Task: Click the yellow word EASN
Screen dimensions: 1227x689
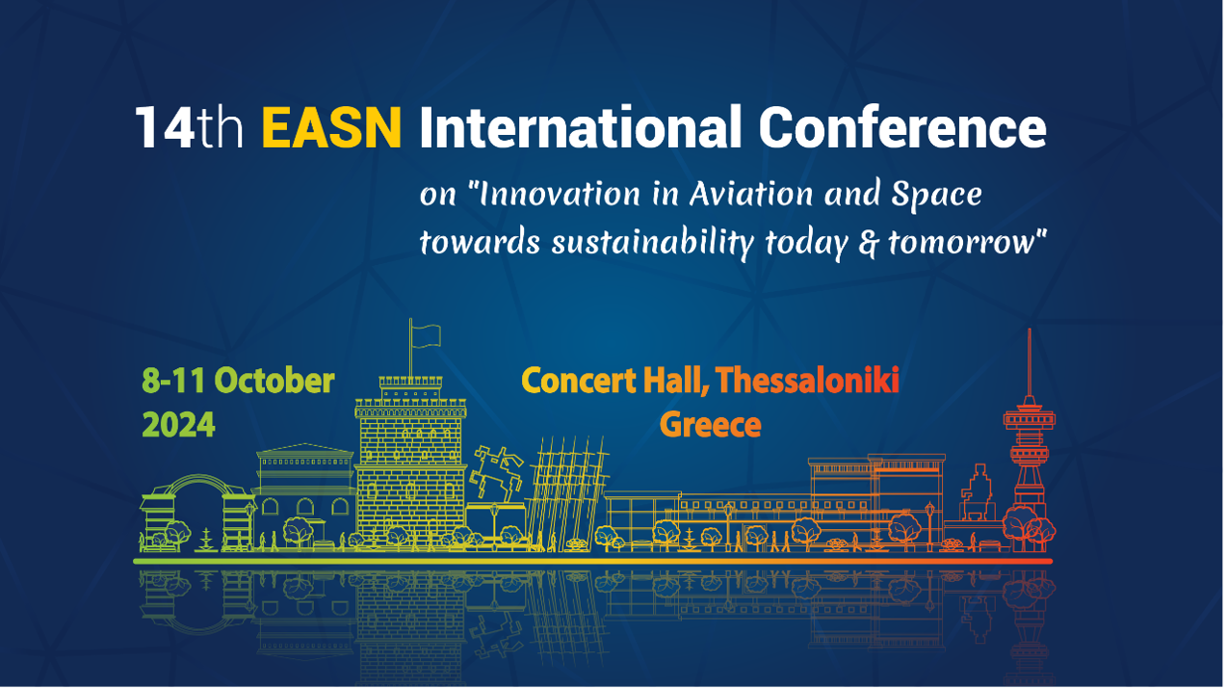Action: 332,128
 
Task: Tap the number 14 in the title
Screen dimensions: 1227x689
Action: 165,128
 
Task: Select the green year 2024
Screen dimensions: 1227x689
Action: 178,425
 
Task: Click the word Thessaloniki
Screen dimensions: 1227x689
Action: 807,380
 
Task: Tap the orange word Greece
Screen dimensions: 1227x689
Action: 711,425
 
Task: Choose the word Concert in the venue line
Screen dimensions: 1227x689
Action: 579,381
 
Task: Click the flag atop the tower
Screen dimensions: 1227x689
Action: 426,335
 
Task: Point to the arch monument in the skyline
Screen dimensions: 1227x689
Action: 197,513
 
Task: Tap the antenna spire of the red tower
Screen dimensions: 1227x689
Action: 1030,361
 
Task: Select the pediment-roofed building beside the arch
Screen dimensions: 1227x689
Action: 304,493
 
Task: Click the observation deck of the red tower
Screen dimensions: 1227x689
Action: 1030,419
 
